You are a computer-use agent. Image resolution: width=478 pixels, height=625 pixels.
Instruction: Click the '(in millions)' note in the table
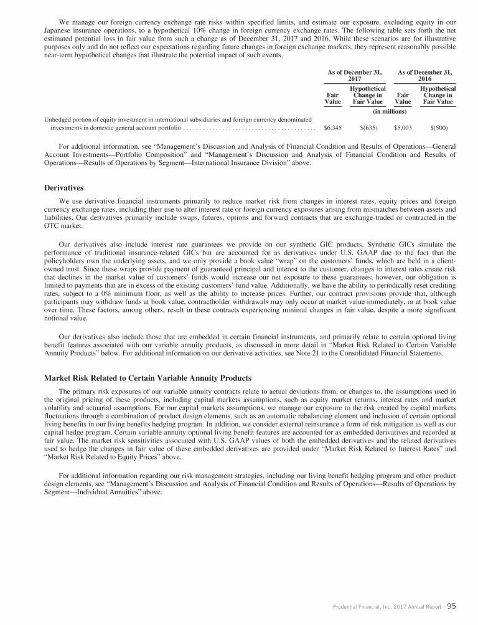click(x=390, y=111)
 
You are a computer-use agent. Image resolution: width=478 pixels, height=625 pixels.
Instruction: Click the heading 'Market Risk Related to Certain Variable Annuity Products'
click(x=147, y=378)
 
